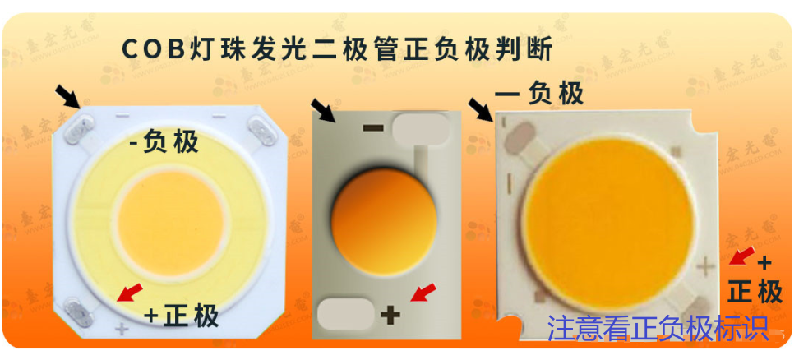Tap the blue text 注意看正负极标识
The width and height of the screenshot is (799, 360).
tap(658, 328)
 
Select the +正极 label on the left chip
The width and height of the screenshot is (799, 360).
tap(181, 315)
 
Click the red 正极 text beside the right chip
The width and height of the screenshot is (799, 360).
tap(755, 291)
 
